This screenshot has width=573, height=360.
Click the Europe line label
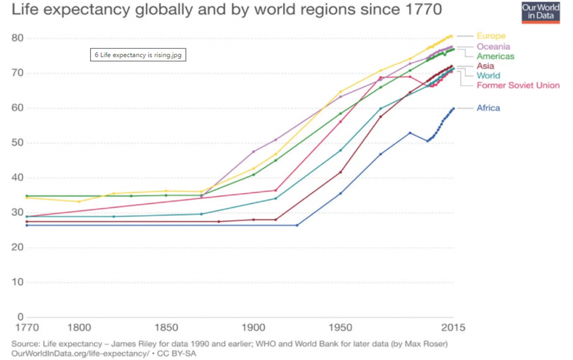pyautogui.click(x=491, y=36)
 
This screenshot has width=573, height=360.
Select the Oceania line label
pyautogui.click(x=493, y=46)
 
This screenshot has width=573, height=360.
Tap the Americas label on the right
pyautogui.click(x=495, y=56)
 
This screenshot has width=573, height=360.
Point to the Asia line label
pyautogui.click(x=485, y=66)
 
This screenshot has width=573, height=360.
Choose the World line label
pyautogui.click(x=489, y=76)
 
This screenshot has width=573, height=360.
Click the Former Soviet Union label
pyautogui.click(x=518, y=85)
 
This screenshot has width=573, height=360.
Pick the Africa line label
pyautogui.click(x=488, y=108)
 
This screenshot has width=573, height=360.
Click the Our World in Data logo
pyautogui.click(x=541, y=12)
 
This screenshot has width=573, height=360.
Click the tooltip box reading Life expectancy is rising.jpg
pyautogui.click(x=139, y=55)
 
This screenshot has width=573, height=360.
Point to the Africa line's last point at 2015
pyautogui.click(x=453, y=109)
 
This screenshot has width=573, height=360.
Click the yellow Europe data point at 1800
pyautogui.click(x=79, y=202)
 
